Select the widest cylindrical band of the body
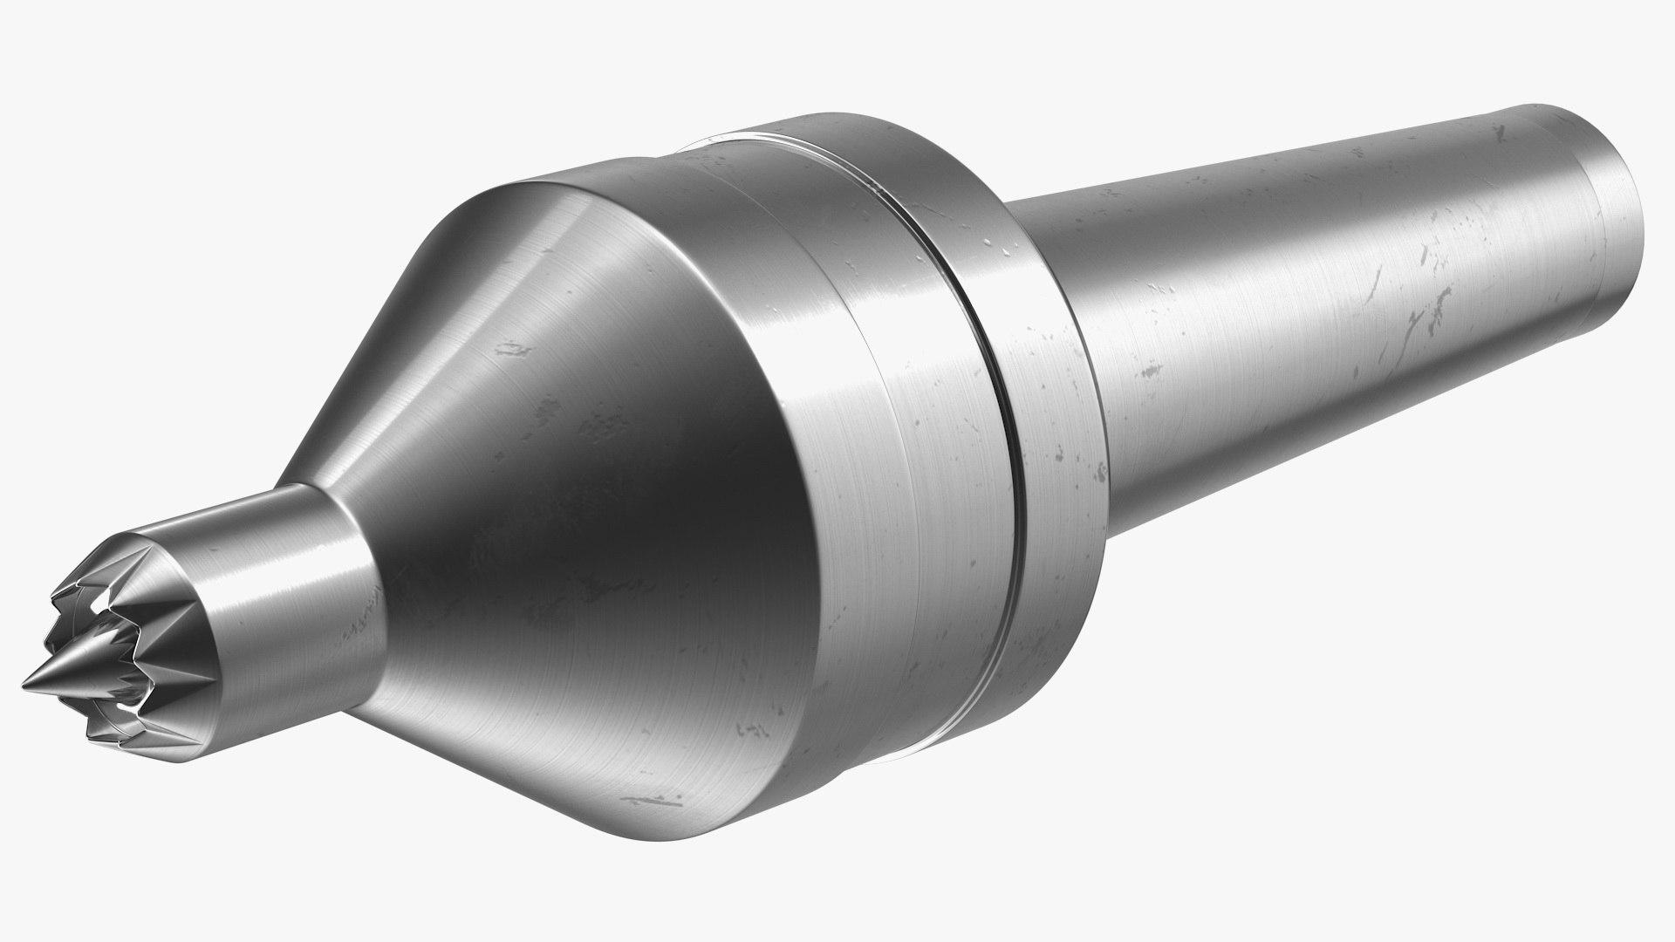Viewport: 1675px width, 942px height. [864, 488]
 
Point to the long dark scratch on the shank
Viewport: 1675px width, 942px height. [1422, 323]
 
